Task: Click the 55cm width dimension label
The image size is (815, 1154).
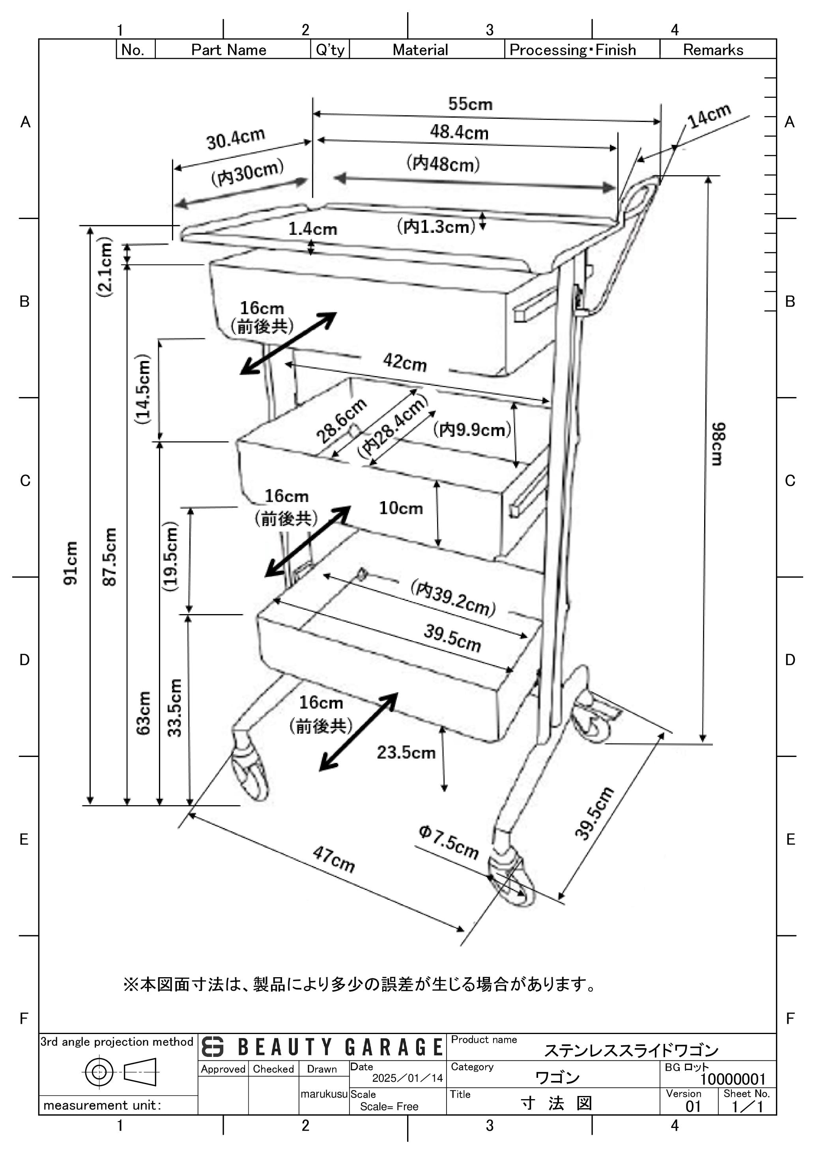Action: pos(470,104)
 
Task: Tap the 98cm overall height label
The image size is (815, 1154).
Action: pos(718,444)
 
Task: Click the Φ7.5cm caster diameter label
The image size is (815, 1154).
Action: pos(449,842)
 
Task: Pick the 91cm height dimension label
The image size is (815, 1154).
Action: pos(71,562)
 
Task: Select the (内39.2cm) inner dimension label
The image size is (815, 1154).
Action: pos(453,598)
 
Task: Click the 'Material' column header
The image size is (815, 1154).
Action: pos(420,50)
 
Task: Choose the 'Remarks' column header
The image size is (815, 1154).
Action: pos(712,50)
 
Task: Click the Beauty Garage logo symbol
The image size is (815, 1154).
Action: pos(213,1047)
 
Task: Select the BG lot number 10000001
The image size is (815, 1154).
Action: pos(733,1079)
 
